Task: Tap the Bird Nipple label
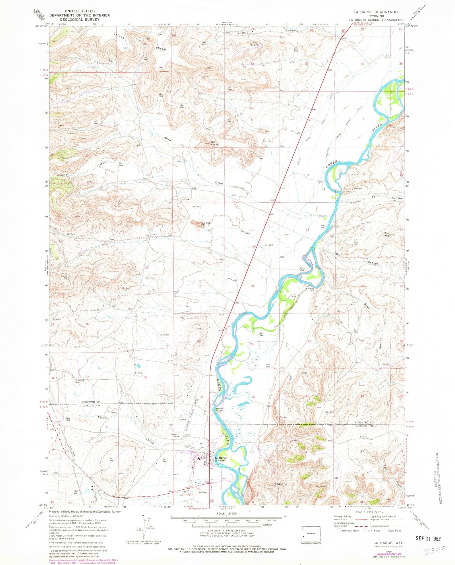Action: pyautogui.click(x=214, y=143)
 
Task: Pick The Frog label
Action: pyautogui.click(x=386, y=234)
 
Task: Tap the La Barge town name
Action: pyautogui.click(x=221, y=458)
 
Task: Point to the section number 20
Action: pyautogui.click(x=252, y=286)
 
